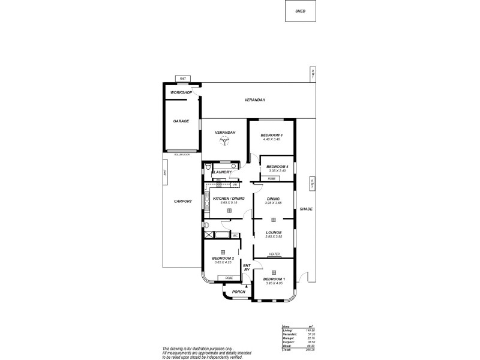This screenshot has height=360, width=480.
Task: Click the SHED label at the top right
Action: click(x=300, y=11)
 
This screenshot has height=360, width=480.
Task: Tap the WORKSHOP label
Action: click(x=181, y=93)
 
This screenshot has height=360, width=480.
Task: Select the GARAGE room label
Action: click(x=181, y=121)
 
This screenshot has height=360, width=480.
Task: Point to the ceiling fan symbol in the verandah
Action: click(x=224, y=142)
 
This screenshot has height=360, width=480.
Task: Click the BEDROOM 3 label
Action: click(x=271, y=136)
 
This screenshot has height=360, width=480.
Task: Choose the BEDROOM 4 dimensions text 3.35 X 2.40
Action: click(x=277, y=171)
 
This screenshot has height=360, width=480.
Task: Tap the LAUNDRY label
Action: click(x=222, y=173)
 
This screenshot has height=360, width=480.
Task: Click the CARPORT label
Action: click(x=183, y=202)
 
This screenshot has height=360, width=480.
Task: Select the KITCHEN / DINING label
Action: click(x=229, y=198)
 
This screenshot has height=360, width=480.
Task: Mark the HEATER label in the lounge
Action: click(x=274, y=254)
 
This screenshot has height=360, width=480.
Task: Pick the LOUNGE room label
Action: click(x=274, y=232)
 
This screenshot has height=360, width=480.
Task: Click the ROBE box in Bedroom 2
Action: click(x=229, y=278)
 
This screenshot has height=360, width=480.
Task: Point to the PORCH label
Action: click(x=239, y=292)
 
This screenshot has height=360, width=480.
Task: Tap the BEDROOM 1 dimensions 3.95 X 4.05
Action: click(x=274, y=284)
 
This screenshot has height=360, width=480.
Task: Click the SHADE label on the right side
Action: click(x=307, y=209)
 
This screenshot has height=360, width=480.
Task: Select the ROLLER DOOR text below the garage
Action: click(x=182, y=155)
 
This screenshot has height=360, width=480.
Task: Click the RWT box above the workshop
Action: click(x=182, y=79)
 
